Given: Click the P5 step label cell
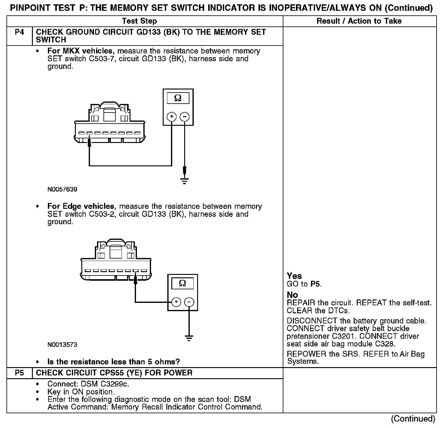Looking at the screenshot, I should tap(19, 373).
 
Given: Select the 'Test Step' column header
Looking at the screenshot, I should tap(139, 21).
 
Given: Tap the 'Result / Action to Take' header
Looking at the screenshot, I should tap(359, 21).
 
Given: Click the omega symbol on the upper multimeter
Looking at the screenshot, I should tap(178, 98).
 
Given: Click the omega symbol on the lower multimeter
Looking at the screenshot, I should tap(182, 283).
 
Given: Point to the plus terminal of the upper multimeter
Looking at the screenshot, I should tap(171, 117).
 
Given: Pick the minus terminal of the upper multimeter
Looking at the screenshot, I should tap(185, 117).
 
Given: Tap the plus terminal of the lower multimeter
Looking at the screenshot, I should tap(176, 302).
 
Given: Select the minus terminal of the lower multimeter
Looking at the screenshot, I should tap(189, 302).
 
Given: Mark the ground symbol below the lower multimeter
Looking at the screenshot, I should tap(189, 338).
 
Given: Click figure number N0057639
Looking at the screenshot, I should tap(62, 189).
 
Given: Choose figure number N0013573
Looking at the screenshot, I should tap(62, 345).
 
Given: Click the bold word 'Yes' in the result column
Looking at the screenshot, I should tap(294, 276).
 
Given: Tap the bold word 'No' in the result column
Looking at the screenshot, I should tap(292, 295).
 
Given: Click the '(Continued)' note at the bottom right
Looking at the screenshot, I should tap(413, 419).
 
